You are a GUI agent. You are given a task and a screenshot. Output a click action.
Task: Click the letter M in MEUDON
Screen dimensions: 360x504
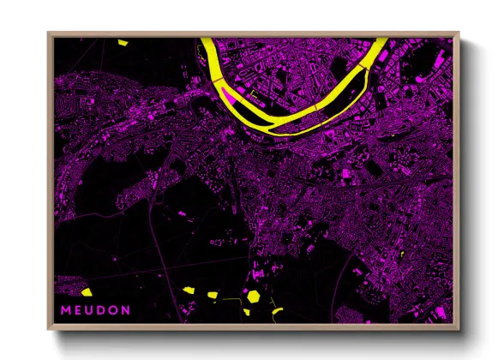[64, 309]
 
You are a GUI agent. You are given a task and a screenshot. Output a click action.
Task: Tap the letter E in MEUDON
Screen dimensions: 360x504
[77, 309]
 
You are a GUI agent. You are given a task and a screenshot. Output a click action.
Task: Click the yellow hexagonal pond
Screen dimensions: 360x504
[255, 296]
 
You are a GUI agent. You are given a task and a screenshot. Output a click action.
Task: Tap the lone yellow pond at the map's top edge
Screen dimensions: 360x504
[123, 41]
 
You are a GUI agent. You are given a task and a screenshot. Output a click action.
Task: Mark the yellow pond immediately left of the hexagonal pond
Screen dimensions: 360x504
[212, 295]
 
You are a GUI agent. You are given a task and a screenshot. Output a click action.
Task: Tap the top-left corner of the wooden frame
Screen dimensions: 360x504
[48, 33]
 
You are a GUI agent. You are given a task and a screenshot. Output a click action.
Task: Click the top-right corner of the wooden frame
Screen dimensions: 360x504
[459, 33]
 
